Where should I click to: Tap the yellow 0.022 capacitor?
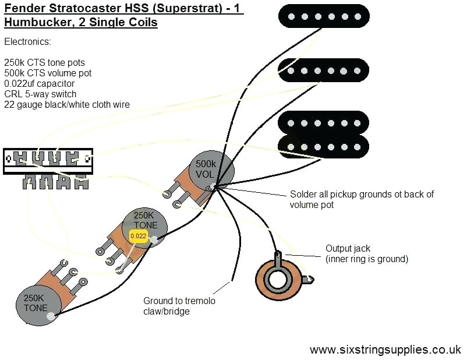coord(139,236)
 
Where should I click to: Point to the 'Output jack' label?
coord(348,249)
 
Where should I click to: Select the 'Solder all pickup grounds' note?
coord(361,199)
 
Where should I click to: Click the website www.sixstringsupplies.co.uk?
coord(385,350)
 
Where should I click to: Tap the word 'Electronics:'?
coord(27,42)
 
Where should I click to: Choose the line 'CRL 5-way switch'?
coord(40,94)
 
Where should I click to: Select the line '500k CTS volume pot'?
coord(48,73)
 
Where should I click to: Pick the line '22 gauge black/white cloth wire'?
coord(66,104)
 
